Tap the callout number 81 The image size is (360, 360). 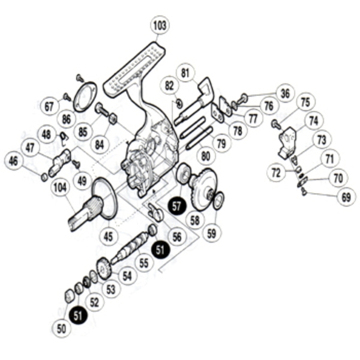(x=186, y=74)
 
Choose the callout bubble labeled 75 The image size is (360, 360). (x=305, y=103)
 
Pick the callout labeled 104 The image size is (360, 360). (x=60, y=188)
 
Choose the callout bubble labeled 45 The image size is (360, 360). (x=108, y=236)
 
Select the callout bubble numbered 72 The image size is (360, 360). (x=275, y=174)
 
